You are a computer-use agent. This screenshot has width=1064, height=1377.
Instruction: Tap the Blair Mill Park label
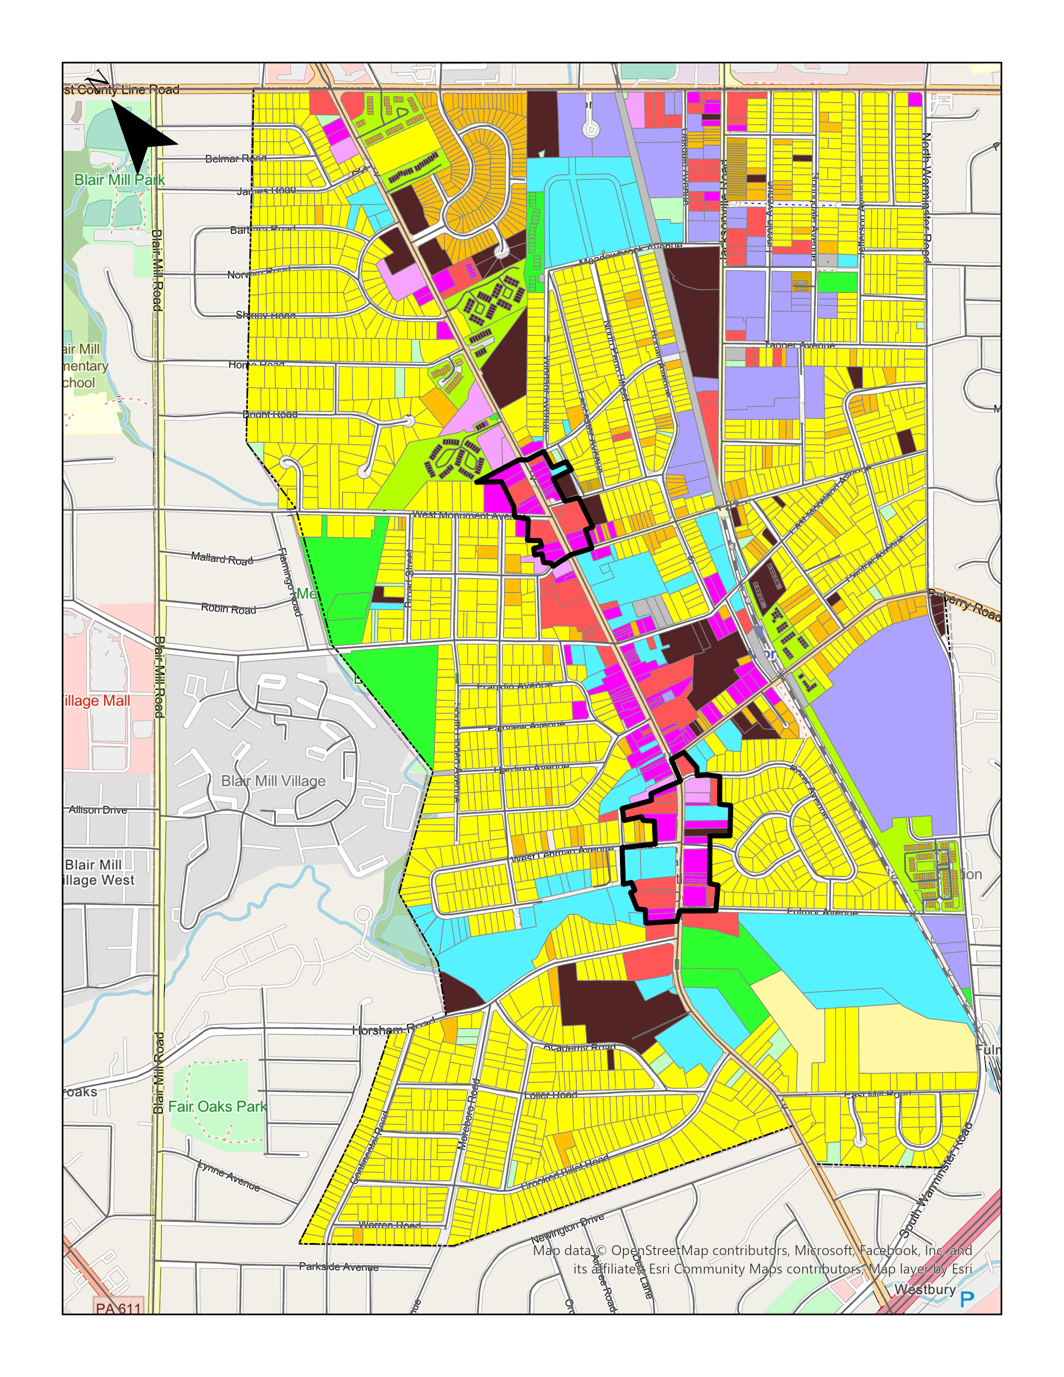pos(120,180)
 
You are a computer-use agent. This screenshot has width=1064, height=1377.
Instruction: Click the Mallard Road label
pos(222,559)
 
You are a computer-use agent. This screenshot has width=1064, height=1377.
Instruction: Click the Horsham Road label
pos(393,1029)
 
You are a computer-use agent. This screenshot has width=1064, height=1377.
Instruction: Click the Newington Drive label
pos(567,1228)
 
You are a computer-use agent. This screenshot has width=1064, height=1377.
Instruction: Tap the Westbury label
pos(925,1289)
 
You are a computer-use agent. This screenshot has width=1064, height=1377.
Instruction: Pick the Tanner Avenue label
pos(799,346)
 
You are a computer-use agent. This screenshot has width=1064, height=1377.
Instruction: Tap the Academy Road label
pos(579,1047)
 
